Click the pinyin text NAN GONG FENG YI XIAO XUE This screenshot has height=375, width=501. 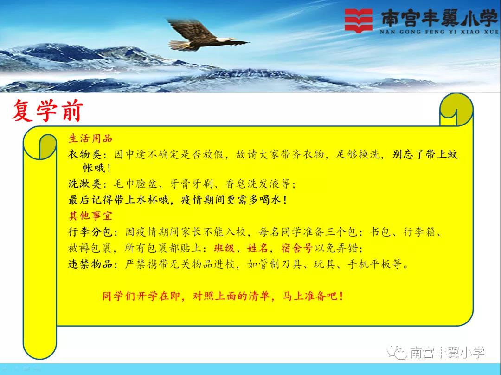[439, 32]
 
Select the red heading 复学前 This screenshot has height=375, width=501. [48, 111]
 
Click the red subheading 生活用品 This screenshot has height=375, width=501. [90, 138]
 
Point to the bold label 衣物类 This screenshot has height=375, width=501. [85, 155]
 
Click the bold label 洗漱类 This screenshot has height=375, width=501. [85, 184]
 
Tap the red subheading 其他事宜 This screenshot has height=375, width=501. [90, 216]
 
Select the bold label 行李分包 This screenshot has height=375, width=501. [90, 232]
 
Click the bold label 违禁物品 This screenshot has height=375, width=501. [90, 264]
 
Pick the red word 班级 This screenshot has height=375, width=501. [225, 248]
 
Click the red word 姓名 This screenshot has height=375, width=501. [257, 248]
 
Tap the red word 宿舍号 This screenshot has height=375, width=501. [296, 248]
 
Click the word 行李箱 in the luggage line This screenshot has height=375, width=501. [419, 232]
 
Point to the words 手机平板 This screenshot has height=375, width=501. [369, 264]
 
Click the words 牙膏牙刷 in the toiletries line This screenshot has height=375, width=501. [192, 184]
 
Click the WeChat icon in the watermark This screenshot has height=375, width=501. [397, 352]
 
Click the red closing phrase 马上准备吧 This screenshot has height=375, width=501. [309, 296]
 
